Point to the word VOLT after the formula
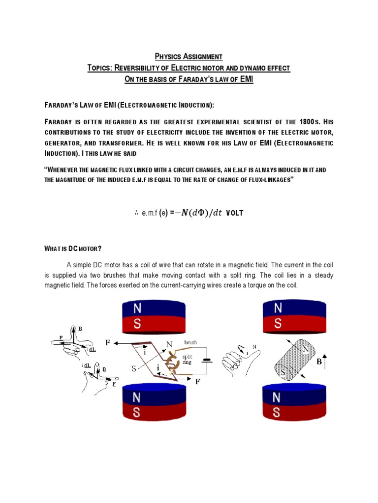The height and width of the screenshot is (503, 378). point(235,213)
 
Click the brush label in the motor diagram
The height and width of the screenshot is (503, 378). point(190,342)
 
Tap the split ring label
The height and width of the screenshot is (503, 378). point(188,360)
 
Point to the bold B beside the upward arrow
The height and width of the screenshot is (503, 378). point(319,362)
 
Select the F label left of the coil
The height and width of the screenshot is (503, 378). point(108,342)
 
